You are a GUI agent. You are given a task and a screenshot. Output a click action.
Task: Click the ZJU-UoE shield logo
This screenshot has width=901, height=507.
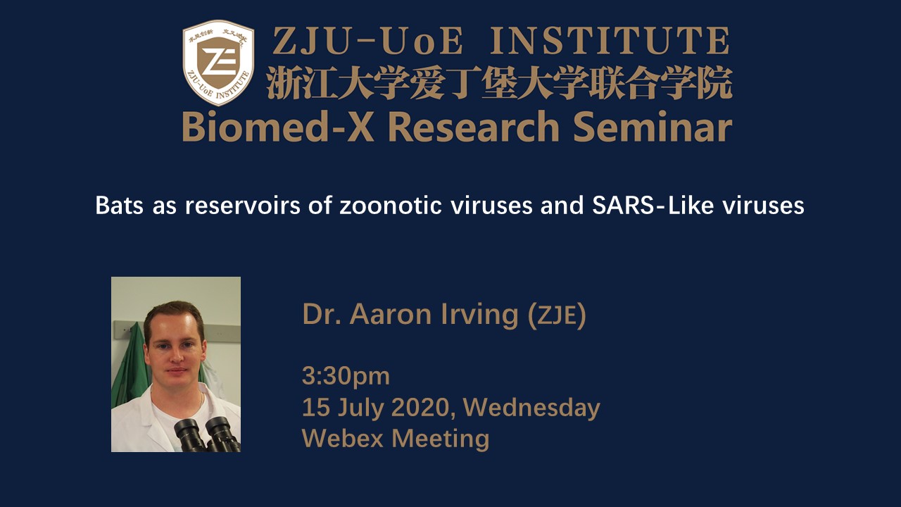pos(218,63)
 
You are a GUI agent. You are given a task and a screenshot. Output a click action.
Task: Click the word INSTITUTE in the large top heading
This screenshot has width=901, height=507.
pos(610,41)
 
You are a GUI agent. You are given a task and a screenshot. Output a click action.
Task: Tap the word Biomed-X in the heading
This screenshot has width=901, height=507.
pos(278,126)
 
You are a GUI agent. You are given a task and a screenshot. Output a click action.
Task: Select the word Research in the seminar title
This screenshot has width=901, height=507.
pos(474,126)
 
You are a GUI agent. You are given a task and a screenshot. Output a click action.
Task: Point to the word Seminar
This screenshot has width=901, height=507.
pos(653,126)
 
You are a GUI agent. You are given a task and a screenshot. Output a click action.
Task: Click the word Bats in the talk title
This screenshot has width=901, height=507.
pos(120,206)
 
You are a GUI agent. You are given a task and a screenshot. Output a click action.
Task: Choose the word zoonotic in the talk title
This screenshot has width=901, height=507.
pos(391,206)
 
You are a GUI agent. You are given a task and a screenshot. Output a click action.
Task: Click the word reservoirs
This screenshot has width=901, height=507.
pos(243,206)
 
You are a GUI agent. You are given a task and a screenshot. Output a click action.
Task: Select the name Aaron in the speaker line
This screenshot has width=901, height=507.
pos(391,314)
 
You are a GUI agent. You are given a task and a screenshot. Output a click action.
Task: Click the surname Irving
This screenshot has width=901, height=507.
pos(480,315)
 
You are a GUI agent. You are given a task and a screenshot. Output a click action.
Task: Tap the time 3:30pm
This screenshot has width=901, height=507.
pos(346,377)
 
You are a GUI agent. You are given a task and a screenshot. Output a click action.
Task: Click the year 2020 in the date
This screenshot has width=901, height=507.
pos(420,408)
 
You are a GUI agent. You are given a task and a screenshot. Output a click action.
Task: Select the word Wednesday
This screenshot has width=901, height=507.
pos(531,408)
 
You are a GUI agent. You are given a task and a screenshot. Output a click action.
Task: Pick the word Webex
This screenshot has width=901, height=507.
pos(343,438)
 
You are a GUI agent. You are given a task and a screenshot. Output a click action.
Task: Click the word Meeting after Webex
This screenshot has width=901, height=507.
pos(441,439)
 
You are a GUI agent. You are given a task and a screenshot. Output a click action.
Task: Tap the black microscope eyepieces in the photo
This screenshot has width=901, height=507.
pos(207,434)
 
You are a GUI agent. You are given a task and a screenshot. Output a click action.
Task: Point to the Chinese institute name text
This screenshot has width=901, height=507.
pos(499,83)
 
